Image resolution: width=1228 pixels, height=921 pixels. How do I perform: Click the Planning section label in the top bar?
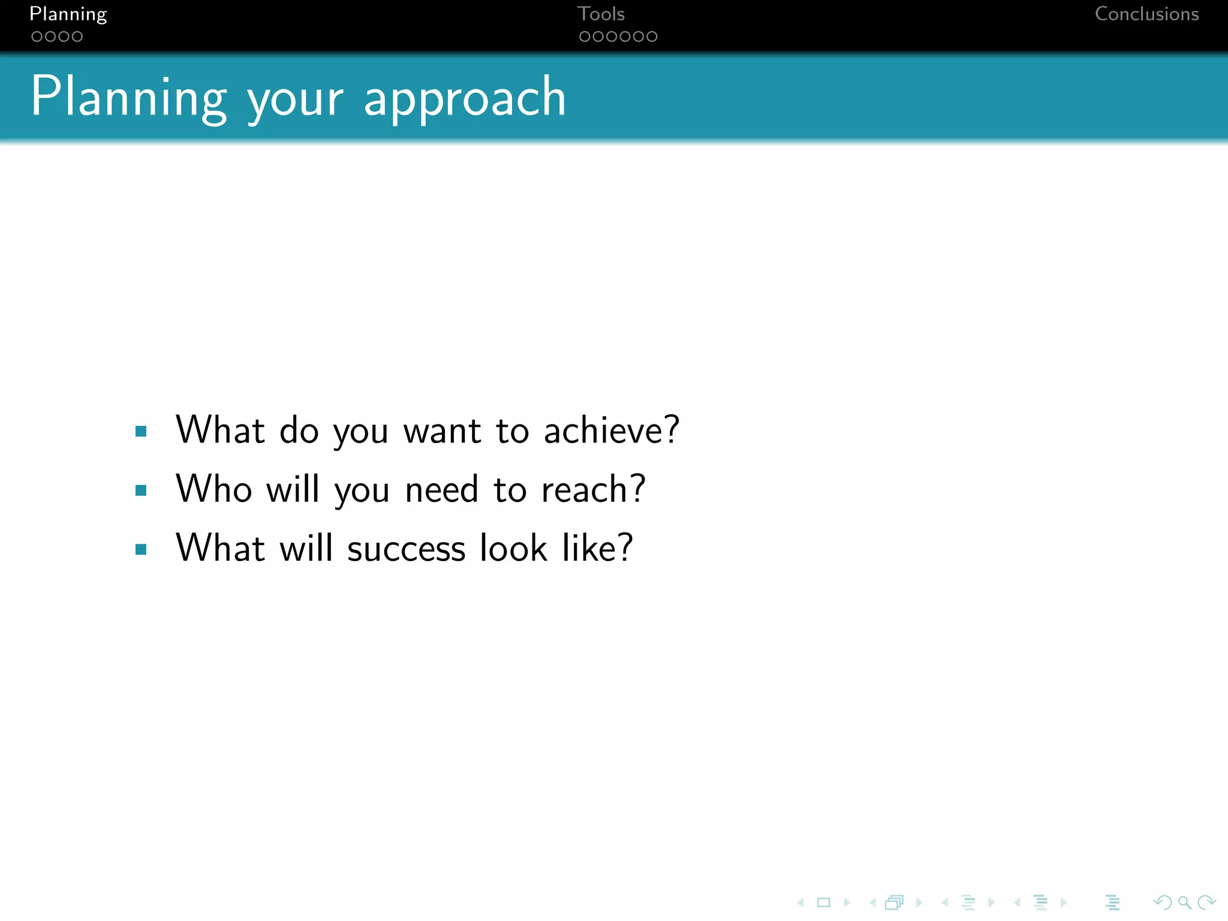[x=68, y=14]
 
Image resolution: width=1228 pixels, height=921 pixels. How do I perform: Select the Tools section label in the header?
[x=601, y=14]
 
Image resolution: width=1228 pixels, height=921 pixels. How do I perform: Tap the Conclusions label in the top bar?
[x=1146, y=14]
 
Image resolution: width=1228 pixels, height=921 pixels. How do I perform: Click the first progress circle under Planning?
[x=37, y=37]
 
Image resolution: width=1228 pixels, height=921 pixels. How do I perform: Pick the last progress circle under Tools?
[x=652, y=37]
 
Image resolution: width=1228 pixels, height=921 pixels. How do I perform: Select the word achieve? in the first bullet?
[x=611, y=430]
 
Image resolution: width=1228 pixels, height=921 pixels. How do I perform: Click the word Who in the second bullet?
[x=213, y=489]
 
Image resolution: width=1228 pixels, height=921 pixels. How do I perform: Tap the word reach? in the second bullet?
[x=593, y=489]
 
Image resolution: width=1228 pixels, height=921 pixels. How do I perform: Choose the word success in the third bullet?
[x=406, y=548]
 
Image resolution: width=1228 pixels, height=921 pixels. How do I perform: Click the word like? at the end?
[x=597, y=547]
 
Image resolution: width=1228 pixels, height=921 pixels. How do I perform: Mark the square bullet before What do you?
[x=142, y=431]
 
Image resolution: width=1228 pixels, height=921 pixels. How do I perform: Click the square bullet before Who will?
[x=142, y=490]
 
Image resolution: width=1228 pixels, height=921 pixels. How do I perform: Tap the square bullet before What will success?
[x=142, y=549]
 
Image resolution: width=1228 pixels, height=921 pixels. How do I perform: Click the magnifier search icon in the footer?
[x=1184, y=902]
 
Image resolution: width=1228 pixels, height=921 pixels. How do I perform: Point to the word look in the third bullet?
[x=513, y=547]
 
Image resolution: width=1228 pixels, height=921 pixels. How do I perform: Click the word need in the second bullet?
[x=441, y=489]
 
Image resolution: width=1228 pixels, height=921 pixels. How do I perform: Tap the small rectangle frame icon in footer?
[x=823, y=902]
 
